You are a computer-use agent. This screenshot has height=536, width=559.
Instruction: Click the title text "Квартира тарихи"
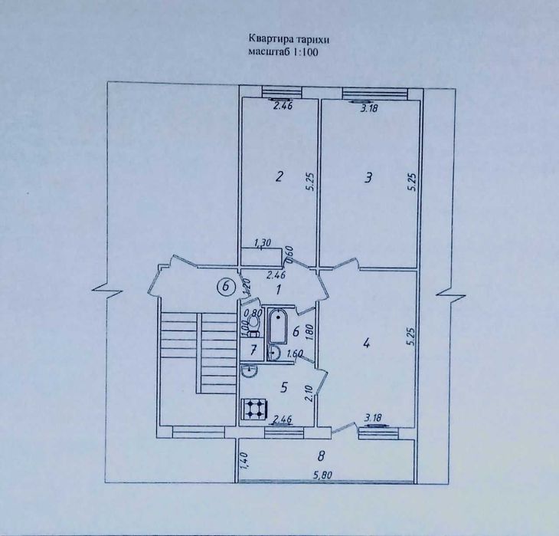(x=289, y=39)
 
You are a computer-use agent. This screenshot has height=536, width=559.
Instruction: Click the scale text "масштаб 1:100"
(x=283, y=52)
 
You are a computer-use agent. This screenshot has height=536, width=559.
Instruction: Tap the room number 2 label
(x=279, y=176)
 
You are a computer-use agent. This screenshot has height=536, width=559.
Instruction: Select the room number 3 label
(x=368, y=177)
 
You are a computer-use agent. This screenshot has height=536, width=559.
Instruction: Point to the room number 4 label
(x=366, y=344)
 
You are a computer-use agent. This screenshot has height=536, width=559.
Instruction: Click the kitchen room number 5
(x=284, y=387)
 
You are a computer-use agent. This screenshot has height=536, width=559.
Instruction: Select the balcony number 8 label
(x=321, y=455)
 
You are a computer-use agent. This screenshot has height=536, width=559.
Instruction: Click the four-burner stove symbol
(x=254, y=408)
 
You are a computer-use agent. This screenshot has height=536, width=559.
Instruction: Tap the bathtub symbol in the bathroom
(x=277, y=327)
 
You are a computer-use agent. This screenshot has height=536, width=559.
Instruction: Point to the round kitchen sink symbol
(x=249, y=370)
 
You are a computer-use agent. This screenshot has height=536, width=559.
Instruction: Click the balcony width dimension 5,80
(x=322, y=475)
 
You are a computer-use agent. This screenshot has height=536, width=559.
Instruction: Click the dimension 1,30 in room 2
(x=263, y=243)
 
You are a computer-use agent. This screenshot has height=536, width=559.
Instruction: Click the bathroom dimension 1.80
(x=309, y=332)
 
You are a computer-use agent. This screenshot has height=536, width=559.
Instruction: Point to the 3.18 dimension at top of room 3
(x=368, y=109)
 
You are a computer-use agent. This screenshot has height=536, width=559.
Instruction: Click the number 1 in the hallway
(x=279, y=289)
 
